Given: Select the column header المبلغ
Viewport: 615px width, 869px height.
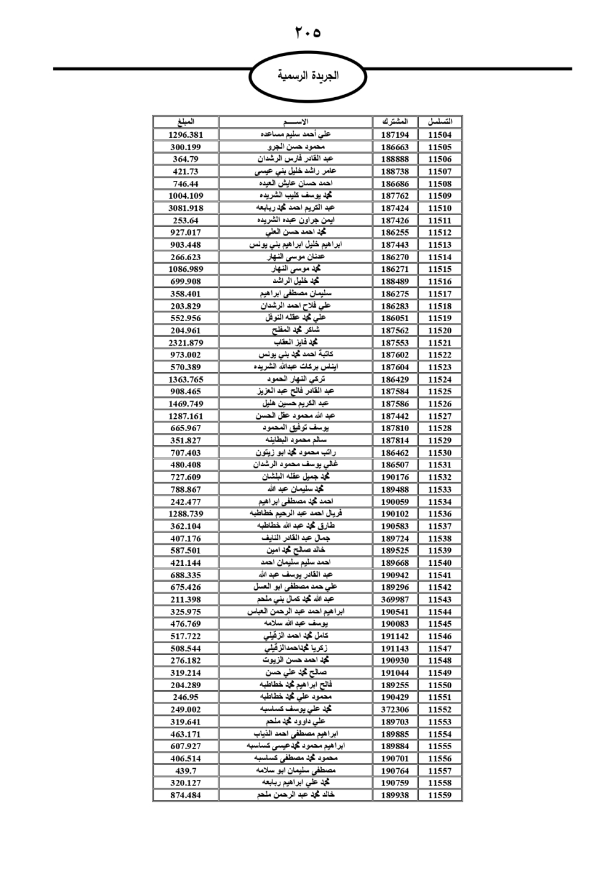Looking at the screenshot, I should [185, 122].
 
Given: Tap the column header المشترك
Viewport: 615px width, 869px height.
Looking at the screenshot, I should [395, 122].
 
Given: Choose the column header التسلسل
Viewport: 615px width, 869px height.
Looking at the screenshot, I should [440, 122].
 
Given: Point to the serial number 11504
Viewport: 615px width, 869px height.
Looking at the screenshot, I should [440, 135].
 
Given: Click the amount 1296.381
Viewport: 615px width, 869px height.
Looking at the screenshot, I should [185, 135].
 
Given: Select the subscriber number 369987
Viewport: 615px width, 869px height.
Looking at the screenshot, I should [395, 600].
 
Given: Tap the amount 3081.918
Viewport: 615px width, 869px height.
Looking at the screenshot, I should [185, 208].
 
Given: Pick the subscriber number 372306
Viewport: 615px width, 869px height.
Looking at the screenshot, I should [395, 709].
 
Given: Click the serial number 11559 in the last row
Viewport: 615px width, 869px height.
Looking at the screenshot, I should [440, 795].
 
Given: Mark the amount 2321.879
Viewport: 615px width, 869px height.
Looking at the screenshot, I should [185, 343].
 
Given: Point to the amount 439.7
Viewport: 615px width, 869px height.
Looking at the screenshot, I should [185, 771].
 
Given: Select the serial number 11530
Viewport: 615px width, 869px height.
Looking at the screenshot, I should [440, 453].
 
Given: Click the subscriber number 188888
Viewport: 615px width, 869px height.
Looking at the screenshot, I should [395, 159].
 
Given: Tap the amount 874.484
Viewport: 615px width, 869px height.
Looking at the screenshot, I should [185, 795].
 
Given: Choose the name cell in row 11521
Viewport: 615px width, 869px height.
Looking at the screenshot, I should [296, 343].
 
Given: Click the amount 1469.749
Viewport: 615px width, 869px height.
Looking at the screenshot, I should [185, 403].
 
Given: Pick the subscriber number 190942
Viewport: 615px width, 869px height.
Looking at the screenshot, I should [395, 575].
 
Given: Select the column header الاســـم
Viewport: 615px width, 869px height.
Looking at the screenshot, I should [296, 122].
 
